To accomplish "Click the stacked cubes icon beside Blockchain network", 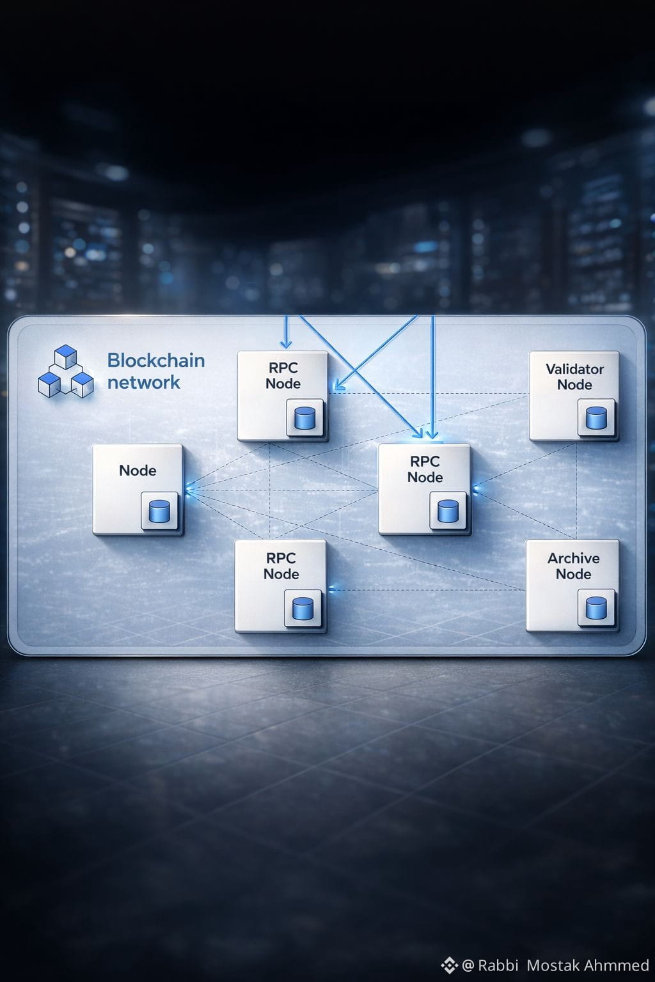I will tap(65, 372).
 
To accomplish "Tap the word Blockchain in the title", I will tap(155, 361).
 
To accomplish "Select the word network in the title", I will tap(143, 382).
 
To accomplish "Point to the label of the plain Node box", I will tap(138, 471).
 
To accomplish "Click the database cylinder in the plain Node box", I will tap(159, 511).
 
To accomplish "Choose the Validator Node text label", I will tap(574, 377).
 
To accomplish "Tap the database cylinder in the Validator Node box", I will tap(596, 418).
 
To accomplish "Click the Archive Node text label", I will tap(573, 566).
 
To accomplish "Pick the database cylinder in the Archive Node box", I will tap(596, 608).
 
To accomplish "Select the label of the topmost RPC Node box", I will tap(283, 375).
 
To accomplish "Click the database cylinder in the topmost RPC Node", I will tap(304, 418).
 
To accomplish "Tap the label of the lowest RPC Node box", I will tap(281, 566).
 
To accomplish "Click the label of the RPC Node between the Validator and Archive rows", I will tap(425, 469).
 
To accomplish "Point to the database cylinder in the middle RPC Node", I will tap(448, 511).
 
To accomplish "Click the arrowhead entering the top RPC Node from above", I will tap(286, 344).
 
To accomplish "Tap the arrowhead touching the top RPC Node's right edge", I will tap(336, 387).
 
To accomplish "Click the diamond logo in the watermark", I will tap(449, 965).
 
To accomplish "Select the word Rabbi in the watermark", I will tap(498, 965).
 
